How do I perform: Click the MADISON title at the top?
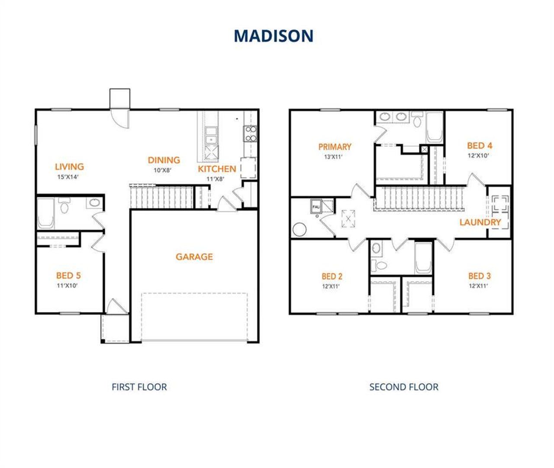(x=274, y=36)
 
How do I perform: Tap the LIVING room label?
(x=69, y=166)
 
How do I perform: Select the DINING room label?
(x=164, y=160)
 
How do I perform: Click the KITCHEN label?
(x=217, y=169)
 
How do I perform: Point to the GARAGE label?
(x=194, y=257)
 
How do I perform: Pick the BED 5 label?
(x=68, y=276)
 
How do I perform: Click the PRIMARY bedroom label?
(x=335, y=147)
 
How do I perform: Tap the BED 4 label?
(x=479, y=146)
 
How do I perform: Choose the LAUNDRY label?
(x=480, y=222)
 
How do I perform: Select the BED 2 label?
(x=332, y=276)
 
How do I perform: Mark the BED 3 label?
(x=479, y=276)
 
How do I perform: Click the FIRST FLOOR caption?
(x=139, y=387)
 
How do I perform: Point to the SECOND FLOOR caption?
(x=403, y=387)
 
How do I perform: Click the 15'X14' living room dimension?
(x=68, y=177)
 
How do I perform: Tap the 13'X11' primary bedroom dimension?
(x=333, y=157)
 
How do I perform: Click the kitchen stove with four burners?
(x=251, y=133)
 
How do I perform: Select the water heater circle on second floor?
(x=300, y=229)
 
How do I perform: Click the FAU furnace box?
(x=316, y=207)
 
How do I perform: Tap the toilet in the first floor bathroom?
(x=64, y=207)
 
